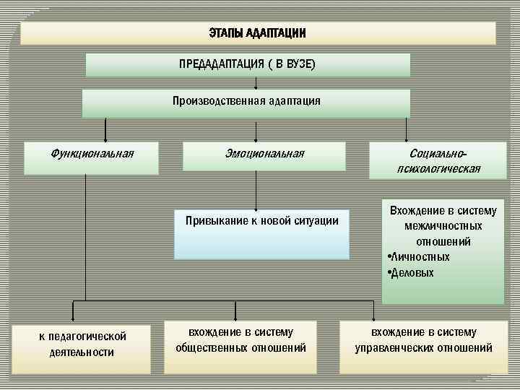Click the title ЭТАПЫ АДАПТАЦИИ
[x=258, y=33]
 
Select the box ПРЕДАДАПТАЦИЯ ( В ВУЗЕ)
[x=248, y=65]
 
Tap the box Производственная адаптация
[x=246, y=102]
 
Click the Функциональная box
[x=92, y=157]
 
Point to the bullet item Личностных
[x=421, y=256]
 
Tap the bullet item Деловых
[x=413, y=273]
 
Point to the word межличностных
[x=443, y=226]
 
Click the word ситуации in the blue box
[x=316, y=220]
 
